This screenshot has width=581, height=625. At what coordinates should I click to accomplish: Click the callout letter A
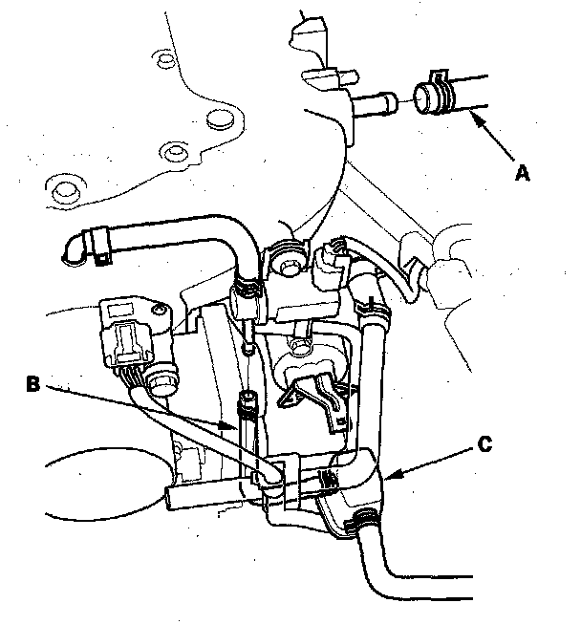pos(522,172)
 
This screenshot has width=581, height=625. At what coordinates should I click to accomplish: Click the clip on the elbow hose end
pos(97,246)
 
